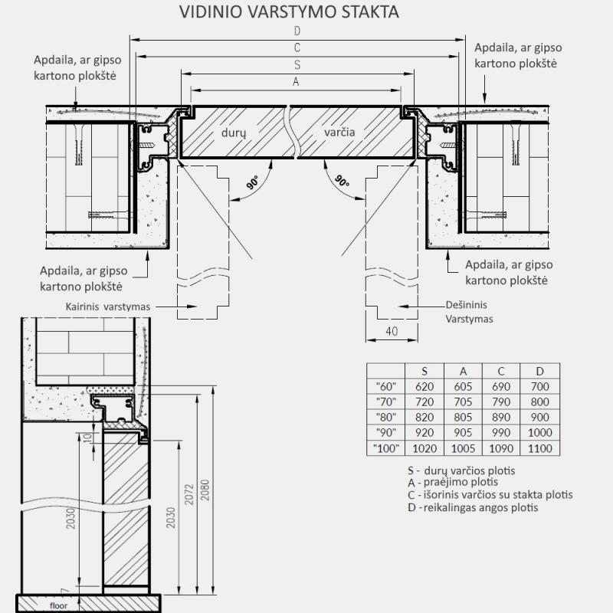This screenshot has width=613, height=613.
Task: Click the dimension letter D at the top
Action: point(297,31)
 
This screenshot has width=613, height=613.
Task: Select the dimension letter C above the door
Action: point(297,48)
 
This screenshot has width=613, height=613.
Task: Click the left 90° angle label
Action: point(251,183)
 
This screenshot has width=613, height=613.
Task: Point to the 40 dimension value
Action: point(392,331)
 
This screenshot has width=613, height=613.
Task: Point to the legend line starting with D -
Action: point(473,507)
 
